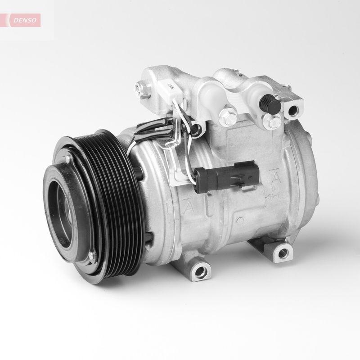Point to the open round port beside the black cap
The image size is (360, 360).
(x=294, y=109)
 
